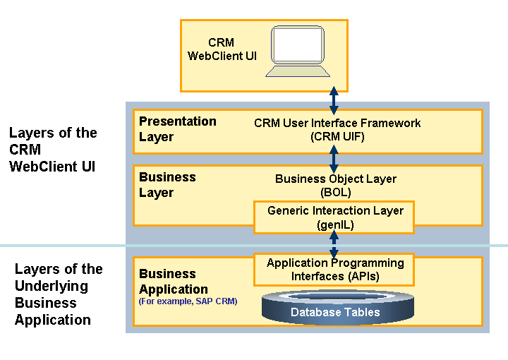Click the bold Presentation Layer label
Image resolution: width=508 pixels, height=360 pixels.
177,129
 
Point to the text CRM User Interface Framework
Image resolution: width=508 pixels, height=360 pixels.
337,123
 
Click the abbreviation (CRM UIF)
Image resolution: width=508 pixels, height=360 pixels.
337,137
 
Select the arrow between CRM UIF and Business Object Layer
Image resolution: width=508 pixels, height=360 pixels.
334,160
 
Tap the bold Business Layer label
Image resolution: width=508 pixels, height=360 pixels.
167,185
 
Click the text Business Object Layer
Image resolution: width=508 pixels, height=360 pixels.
335,179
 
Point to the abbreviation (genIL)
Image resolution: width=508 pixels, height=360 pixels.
335,224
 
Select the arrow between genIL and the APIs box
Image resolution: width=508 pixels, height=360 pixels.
334,244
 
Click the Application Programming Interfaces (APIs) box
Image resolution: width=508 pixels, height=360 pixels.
335,270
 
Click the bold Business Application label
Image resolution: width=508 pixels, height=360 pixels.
174,281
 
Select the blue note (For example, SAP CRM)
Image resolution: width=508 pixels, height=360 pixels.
188,301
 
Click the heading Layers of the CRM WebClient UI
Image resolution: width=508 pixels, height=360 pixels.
53,150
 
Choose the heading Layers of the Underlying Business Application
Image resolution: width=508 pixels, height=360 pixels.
58,294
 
